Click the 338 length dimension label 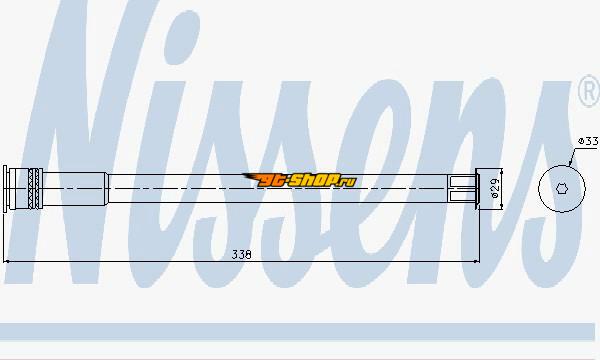click(241, 254)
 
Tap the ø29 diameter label click(495, 189)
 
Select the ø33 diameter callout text click(588, 141)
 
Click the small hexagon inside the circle click(561, 189)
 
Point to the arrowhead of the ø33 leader click(570, 164)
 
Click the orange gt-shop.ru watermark click(300, 180)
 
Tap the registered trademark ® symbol click(589, 92)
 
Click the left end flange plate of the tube click(5, 189)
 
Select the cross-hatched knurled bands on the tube click(35, 189)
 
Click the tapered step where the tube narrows click(108, 189)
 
